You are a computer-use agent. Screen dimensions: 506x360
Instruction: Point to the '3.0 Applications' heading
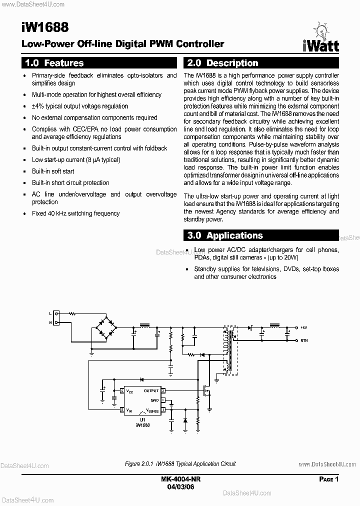(224, 235)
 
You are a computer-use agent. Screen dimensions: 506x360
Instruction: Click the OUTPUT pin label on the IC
(150, 390)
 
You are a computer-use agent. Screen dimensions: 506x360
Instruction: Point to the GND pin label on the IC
(154, 400)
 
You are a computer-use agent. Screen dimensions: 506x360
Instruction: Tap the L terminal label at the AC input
(50, 313)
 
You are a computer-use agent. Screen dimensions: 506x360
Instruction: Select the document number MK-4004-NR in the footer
(181, 478)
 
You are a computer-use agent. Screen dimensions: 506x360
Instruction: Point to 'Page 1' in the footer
(329, 479)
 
